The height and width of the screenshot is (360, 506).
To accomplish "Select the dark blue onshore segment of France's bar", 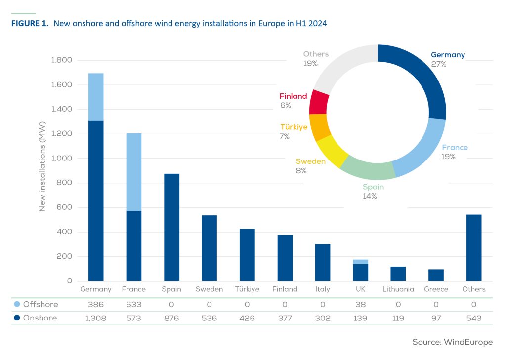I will click(134, 246).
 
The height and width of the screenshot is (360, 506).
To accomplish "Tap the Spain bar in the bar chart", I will click(171, 227).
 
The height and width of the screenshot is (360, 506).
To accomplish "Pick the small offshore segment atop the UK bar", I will click(360, 262).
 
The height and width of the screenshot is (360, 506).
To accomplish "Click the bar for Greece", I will click(436, 275).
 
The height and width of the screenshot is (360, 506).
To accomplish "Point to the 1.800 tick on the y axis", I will click(62, 60).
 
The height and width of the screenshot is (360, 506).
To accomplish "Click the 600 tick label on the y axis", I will click(65, 207).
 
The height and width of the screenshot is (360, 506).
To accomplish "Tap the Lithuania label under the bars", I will click(398, 289).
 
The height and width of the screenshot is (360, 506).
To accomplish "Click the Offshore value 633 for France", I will click(133, 304).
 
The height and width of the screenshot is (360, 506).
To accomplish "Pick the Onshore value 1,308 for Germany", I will click(95, 318).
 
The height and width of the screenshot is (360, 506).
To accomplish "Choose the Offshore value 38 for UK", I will click(360, 304).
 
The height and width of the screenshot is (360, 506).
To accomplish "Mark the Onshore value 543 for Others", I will click(473, 318).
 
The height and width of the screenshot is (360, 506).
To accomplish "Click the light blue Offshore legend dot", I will click(17, 304).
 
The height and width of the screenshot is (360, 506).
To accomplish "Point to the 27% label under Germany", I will click(438, 64).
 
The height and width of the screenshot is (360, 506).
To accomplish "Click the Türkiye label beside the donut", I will click(294, 127).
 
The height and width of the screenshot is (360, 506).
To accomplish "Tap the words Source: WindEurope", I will click(452, 342).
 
